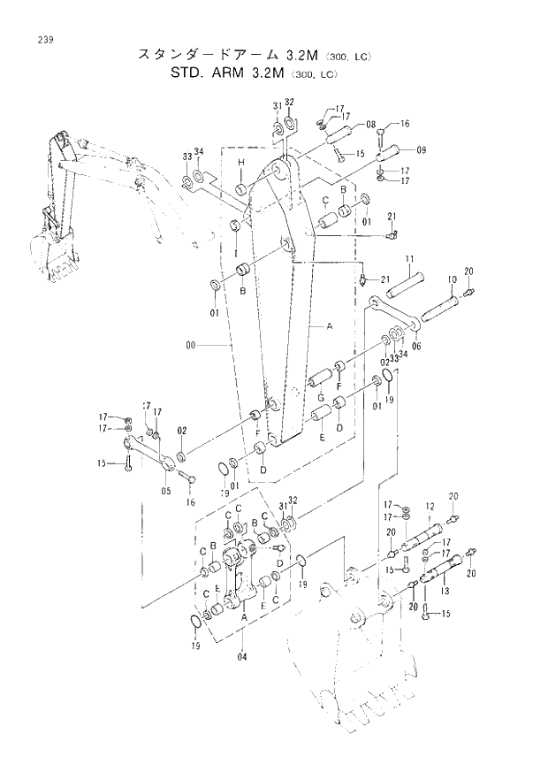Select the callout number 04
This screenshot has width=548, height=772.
click(x=241, y=655)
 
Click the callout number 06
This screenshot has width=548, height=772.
click(x=416, y=346)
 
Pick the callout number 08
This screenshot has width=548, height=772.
click(x=370, y=125)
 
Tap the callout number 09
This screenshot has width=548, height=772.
click(x=420, y=150)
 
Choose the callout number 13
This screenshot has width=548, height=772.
click(x=445, y=590)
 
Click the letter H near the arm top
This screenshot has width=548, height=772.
click(x=240, y=162)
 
